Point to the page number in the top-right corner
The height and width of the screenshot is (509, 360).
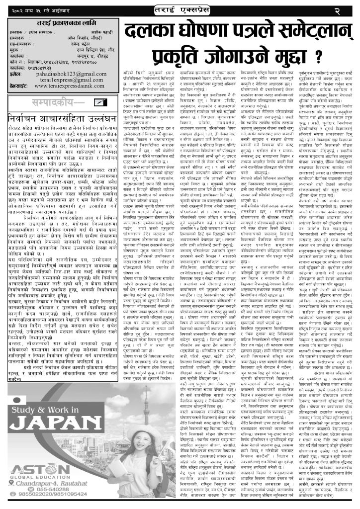(x=350, y=9)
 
